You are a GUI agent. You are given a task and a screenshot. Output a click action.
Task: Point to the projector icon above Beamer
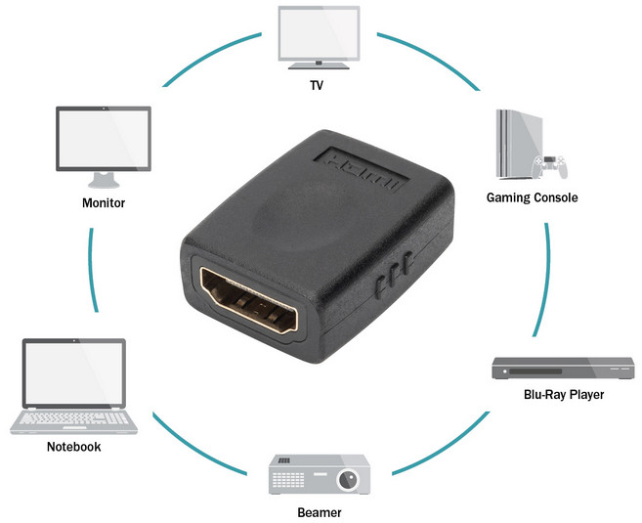click(x=321, y=474)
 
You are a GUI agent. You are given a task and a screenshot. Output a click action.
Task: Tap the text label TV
click(x=316, y=86)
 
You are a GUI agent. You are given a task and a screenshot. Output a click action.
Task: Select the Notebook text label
click(x=73, y=448)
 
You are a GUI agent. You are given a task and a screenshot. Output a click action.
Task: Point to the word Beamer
click(x=320, y=511)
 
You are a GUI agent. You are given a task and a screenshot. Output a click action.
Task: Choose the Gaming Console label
click(x=533, y=197)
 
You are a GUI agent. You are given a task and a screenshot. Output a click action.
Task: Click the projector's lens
click(x=347, y=480)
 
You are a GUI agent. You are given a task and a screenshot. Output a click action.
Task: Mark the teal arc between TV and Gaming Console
click(x=430, y=58)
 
